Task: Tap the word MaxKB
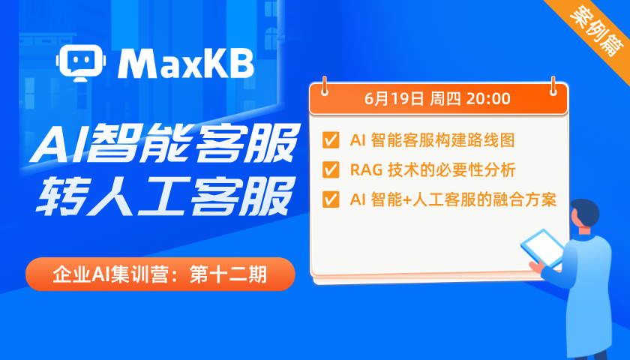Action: (186, 64)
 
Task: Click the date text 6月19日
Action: (394, 99)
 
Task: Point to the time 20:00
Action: (488, 99)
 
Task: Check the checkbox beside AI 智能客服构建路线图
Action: (331, 140)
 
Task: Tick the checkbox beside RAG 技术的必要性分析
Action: (331, 169)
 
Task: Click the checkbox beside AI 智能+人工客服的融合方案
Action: (331, 199)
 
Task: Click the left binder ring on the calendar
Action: (324, 86)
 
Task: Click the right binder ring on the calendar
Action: (553, 86)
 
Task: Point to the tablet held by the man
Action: (543, 247)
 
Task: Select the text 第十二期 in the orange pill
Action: (228, 274)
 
